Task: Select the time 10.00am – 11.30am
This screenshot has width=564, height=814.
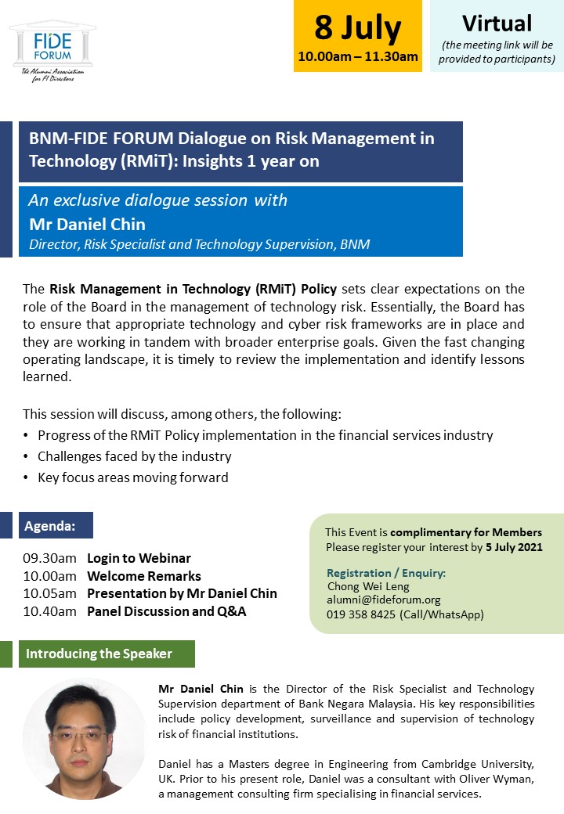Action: (357, 56)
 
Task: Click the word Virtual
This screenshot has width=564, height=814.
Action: (497, 23)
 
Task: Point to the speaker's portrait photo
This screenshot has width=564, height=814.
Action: (84, 739)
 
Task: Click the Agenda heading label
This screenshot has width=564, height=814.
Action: (50, 525)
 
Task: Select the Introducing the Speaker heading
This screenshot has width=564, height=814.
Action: (99, 654)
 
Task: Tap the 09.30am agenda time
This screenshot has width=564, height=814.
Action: (49, 558)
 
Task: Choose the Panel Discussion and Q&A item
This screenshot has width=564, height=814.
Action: (166, 611)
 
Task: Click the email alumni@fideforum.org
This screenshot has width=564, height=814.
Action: (383, 600)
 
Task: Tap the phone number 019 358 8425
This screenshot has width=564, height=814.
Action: (361, 614)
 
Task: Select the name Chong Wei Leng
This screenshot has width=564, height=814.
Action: (368, 586)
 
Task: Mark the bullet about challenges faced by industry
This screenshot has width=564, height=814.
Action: (134, 456)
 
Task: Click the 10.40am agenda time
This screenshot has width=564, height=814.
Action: (49, 611)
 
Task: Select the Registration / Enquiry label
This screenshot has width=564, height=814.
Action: (386, 573)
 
